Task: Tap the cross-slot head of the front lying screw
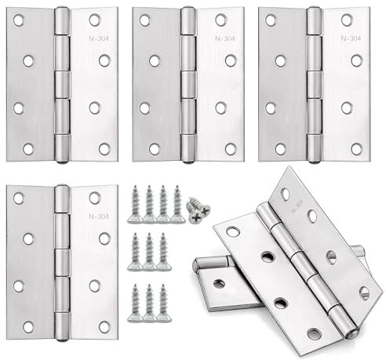pos(194,217)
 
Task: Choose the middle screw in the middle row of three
pos(149,253)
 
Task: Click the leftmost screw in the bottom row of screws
pos(135,301)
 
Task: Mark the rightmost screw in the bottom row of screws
pos(164,301)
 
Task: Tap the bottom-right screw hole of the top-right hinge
pos(356,147)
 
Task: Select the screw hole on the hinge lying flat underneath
pos(219,283)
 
